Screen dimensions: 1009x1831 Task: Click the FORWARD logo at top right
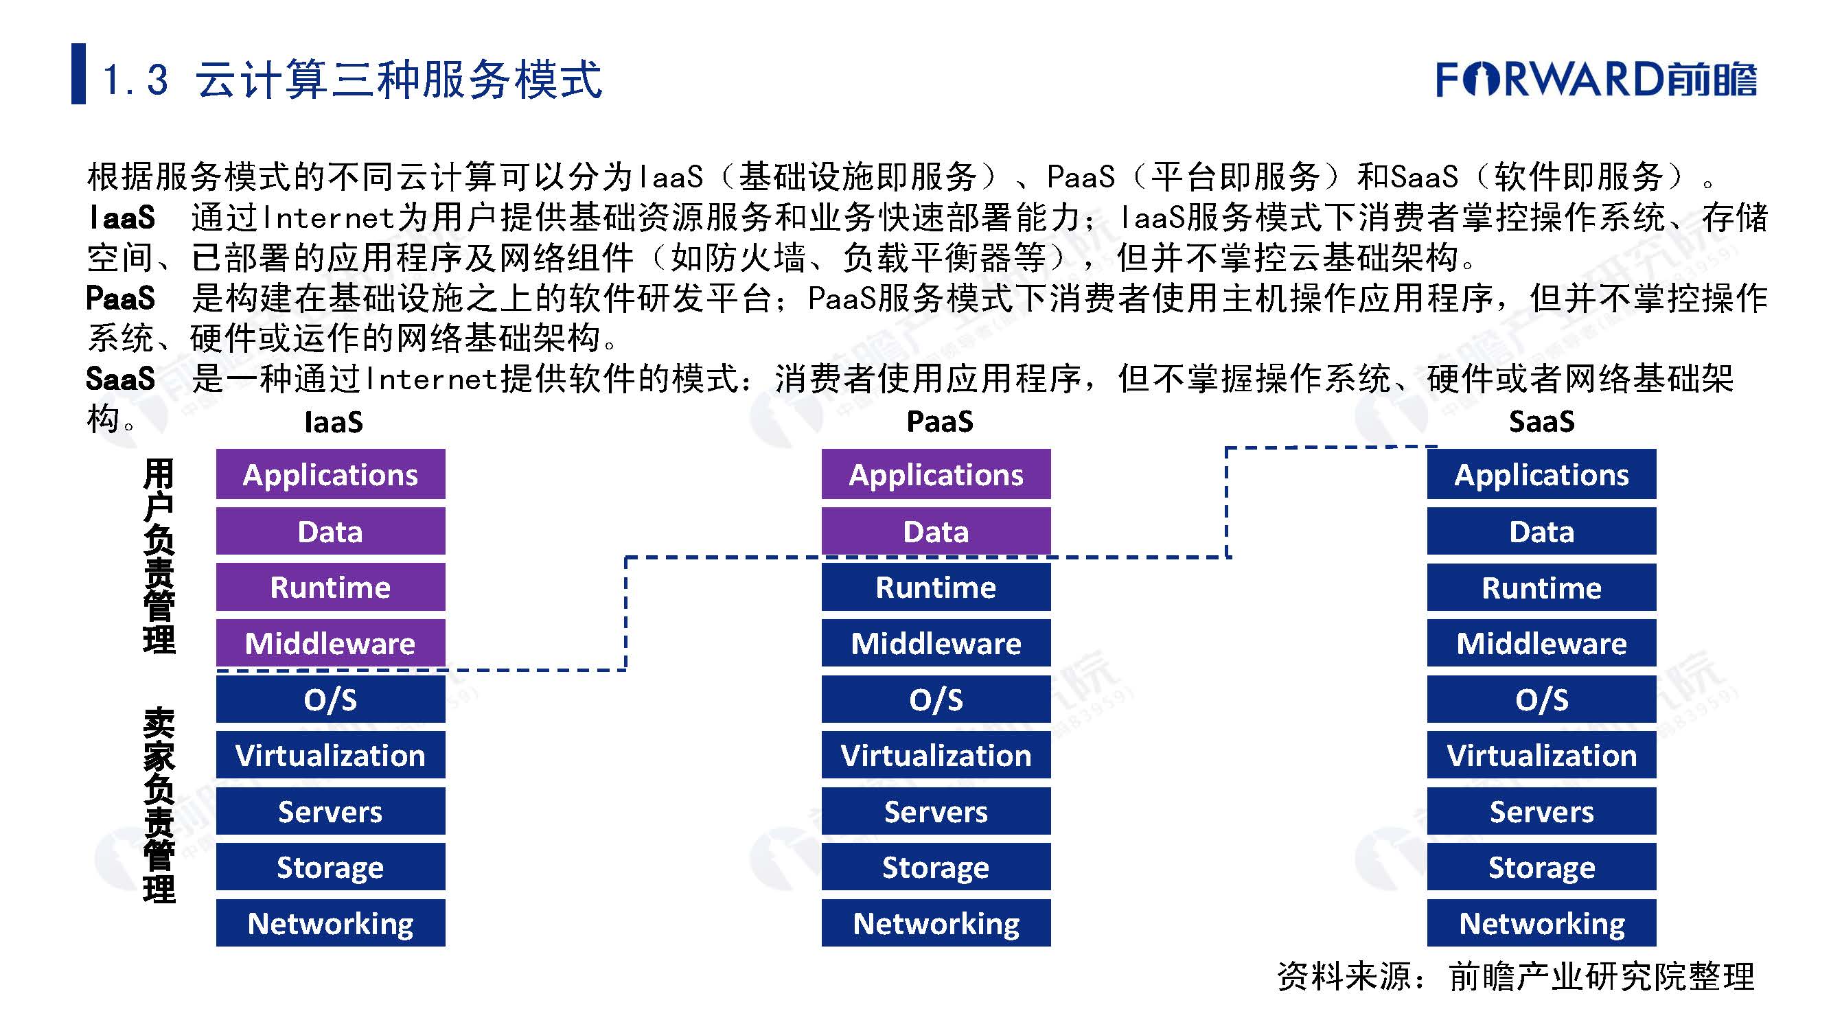click(x=1595, y=78)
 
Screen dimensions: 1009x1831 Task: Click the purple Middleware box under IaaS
click(x=330, y=643)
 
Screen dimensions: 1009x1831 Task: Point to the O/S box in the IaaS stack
click(x=330, y=699)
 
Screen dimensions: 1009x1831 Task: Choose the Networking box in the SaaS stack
click(x=1541, y=923)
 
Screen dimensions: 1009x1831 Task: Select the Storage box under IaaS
click(x=330, y=867)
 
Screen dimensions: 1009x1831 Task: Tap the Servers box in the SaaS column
click(x=1541, y=811)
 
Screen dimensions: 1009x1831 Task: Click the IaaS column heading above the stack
click(x=334, y=422)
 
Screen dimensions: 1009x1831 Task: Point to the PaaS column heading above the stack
click(x=940, y=421)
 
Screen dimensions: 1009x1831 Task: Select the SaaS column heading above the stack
click(x=1541, y=421)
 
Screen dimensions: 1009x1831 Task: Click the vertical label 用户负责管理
click(x=159, y=556)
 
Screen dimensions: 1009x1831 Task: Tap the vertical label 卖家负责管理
click(x=159, y=804)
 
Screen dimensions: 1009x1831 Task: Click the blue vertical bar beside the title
click(x=78, y=74)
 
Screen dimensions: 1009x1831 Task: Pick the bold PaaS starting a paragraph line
click(x=120, y=299)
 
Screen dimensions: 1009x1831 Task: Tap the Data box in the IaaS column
click(x=330, y=531)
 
